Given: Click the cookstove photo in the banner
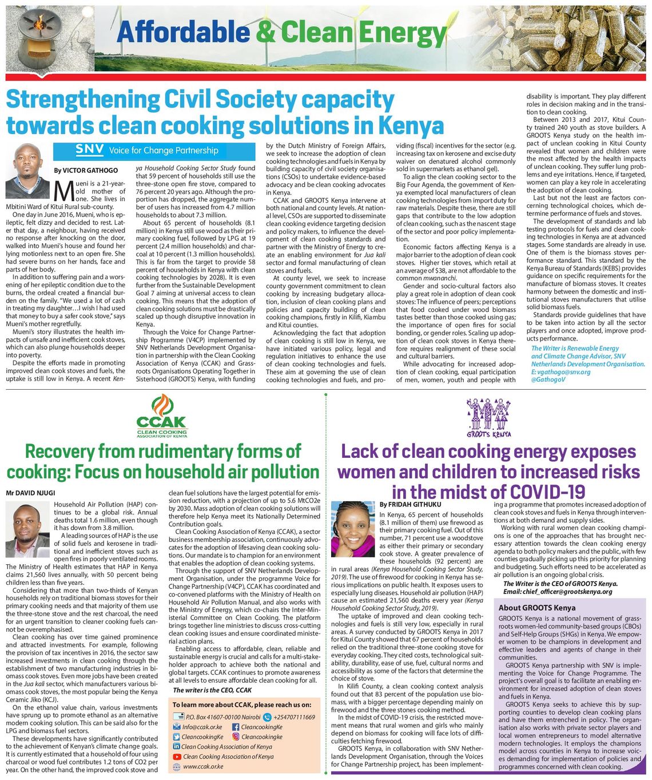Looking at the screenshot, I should (35, 36).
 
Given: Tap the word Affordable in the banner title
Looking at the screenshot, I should (184, 33).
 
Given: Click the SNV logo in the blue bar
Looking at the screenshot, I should (90, 151).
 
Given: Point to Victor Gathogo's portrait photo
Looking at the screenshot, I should (27, 170).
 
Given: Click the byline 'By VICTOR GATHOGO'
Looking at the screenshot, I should (86, 171).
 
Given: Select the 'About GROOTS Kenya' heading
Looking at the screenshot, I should (536, 608).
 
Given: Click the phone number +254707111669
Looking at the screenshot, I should (294, 717).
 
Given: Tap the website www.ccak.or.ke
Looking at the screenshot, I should (203, 766).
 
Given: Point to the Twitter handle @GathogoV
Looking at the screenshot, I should (548, 379).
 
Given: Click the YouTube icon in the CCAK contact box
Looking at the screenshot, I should (177, 757).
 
